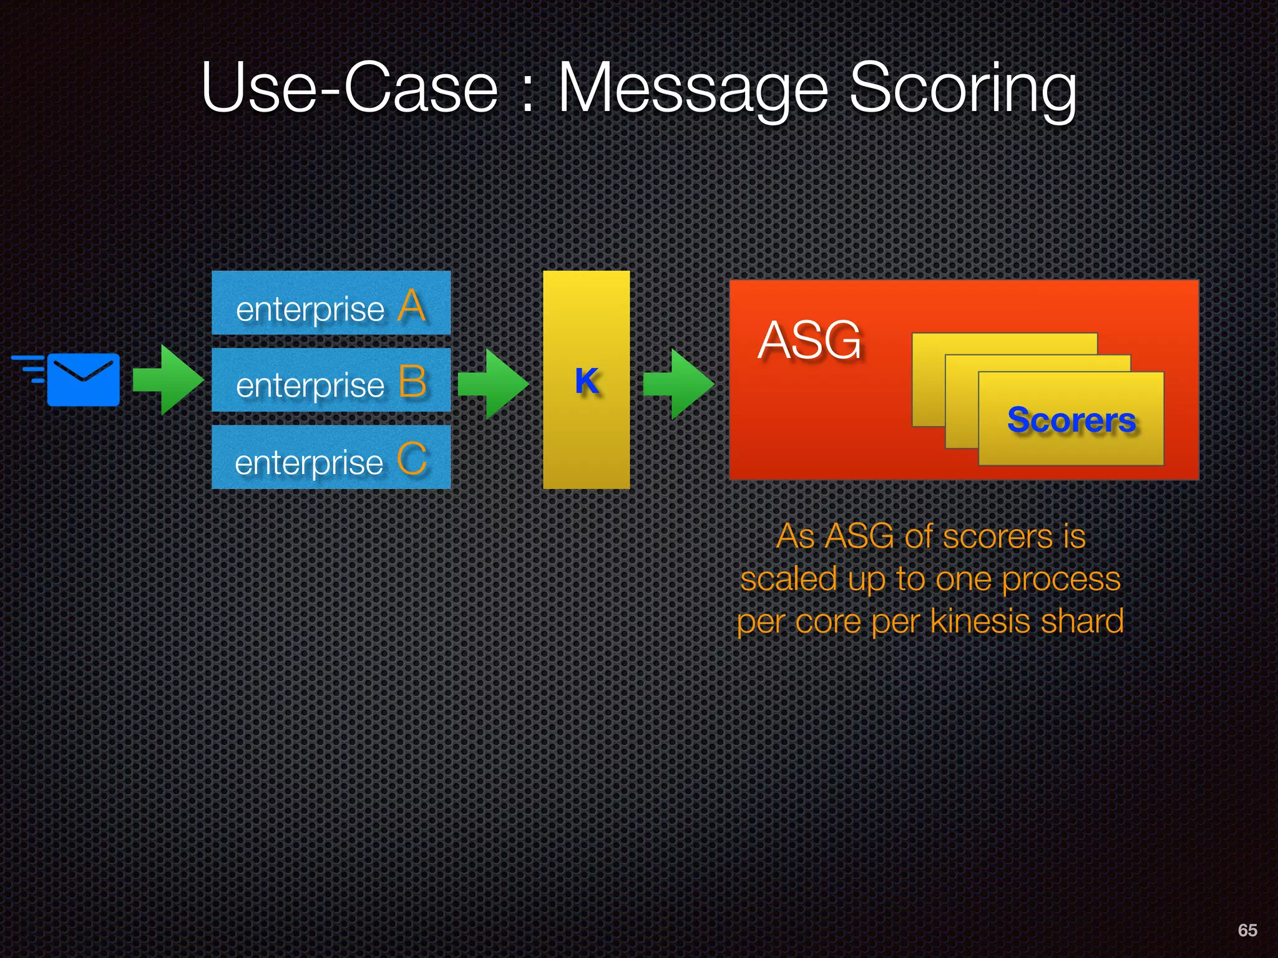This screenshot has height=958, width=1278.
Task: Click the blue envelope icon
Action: (x=83, y=379)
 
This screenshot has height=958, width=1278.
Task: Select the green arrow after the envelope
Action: (x=167, y=379)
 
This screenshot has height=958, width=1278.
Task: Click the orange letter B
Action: (x=412, y=382)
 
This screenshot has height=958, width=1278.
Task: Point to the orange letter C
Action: (x=412, y=459)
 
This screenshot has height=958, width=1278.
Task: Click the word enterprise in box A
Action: (x=310, y=310)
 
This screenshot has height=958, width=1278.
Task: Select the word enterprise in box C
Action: (x=309, y=463)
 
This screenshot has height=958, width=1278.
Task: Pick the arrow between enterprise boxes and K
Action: (x=493, y=384)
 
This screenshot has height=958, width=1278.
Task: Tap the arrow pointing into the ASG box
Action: (x=678, y=384)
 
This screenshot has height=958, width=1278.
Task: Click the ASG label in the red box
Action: (x=809, y=340)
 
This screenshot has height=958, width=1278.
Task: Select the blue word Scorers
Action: (x=1071, y=420)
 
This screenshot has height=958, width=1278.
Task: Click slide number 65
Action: (x=1247, y=930)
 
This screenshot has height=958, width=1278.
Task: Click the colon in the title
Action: (x=528, y=94)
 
